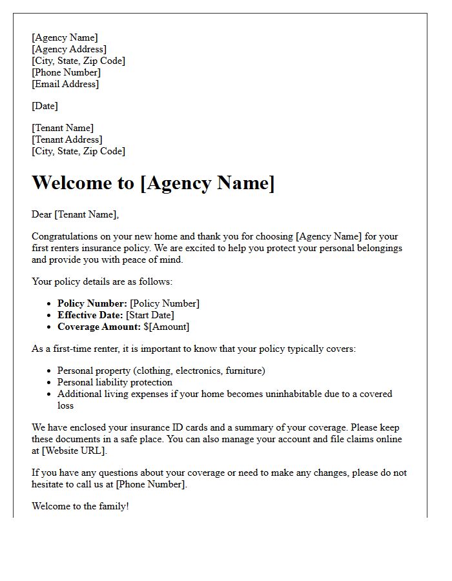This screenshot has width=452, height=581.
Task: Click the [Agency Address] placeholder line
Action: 69,49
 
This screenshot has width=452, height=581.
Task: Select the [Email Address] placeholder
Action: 65,84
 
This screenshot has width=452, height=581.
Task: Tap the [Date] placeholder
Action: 45,106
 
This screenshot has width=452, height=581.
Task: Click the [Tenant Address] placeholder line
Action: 67,139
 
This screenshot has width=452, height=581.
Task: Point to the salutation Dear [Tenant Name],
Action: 76,214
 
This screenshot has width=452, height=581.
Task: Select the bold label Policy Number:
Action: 92,303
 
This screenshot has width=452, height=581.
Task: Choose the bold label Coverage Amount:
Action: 99,327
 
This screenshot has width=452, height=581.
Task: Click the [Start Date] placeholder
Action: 152,315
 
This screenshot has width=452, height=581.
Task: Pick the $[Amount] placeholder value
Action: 167,327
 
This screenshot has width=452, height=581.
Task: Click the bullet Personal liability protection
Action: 115,382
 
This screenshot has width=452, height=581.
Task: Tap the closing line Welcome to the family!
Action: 80,506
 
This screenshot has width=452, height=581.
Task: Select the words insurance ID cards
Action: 163,427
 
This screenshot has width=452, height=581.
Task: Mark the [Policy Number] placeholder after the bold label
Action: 165,303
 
